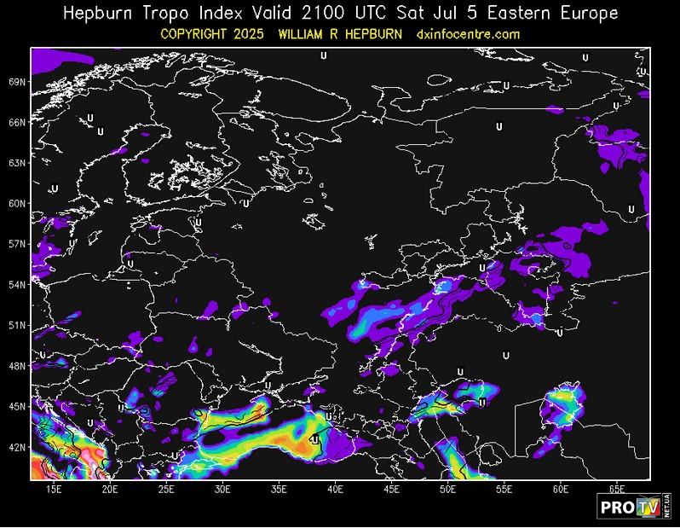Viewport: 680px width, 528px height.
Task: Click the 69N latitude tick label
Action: click(17, 82)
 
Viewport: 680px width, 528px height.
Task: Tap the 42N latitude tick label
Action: click(17, 447)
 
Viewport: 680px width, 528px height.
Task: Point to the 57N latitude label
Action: click(17, 244)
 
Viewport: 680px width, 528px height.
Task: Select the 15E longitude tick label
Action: click(54, 489)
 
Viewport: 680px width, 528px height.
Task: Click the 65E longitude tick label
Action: click(617, 489)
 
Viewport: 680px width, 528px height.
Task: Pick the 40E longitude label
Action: click(336, 489)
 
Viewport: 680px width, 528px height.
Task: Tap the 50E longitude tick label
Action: click(448, 489)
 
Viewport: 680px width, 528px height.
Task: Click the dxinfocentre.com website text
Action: click(468, 34)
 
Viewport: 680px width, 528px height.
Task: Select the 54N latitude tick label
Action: click(17, 285)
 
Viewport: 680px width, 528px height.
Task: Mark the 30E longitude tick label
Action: click(222, 489)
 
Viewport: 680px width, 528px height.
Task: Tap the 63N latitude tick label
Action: click(17, 163)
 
